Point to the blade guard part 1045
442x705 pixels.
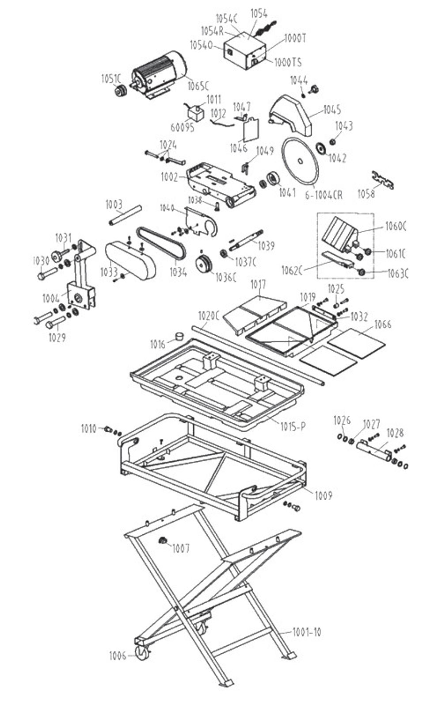[x=291, y=116]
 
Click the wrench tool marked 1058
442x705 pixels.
[x=382, y=180]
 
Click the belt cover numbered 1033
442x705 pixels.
[x=130, y=261]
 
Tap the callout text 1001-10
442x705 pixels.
[x=307, y=632]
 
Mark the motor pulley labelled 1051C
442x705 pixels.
[x=120, y=92]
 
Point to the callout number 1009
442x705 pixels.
[x=323, y=495]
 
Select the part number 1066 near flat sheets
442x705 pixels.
[x=383, y=325]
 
